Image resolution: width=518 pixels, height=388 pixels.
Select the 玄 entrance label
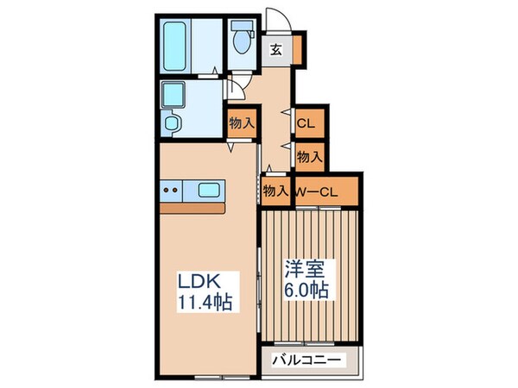[275, 48]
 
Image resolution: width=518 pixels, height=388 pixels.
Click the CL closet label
[306, 123]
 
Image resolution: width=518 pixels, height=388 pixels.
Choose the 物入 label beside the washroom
[242, 123]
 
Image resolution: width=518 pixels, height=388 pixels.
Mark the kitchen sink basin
[211, 190]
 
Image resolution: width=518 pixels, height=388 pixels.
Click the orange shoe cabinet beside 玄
[297, 48]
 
